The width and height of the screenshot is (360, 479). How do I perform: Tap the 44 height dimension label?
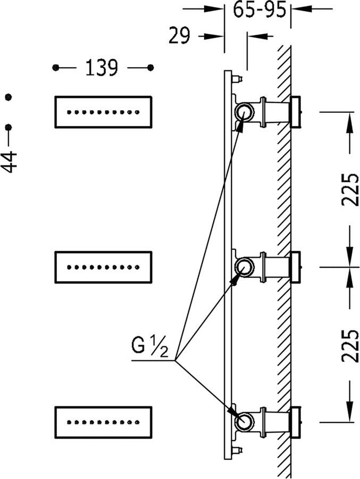click(10, 161)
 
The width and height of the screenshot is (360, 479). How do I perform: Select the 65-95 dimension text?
click(258, 10)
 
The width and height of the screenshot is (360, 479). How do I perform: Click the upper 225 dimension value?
click(350, 189)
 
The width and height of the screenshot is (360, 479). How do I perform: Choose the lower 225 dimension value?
click(350, 345)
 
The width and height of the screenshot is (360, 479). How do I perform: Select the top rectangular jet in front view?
click(103, 112)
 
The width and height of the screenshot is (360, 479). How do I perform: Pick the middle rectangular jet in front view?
click(103, 267)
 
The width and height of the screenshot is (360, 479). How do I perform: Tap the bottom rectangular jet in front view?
click(103, 423)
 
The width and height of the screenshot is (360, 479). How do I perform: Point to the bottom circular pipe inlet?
click(244, 420)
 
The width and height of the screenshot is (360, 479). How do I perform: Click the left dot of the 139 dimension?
click(55, 68)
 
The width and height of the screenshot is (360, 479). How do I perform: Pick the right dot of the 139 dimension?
click(150, 68)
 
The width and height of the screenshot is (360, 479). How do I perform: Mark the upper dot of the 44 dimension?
click(8, 97)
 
